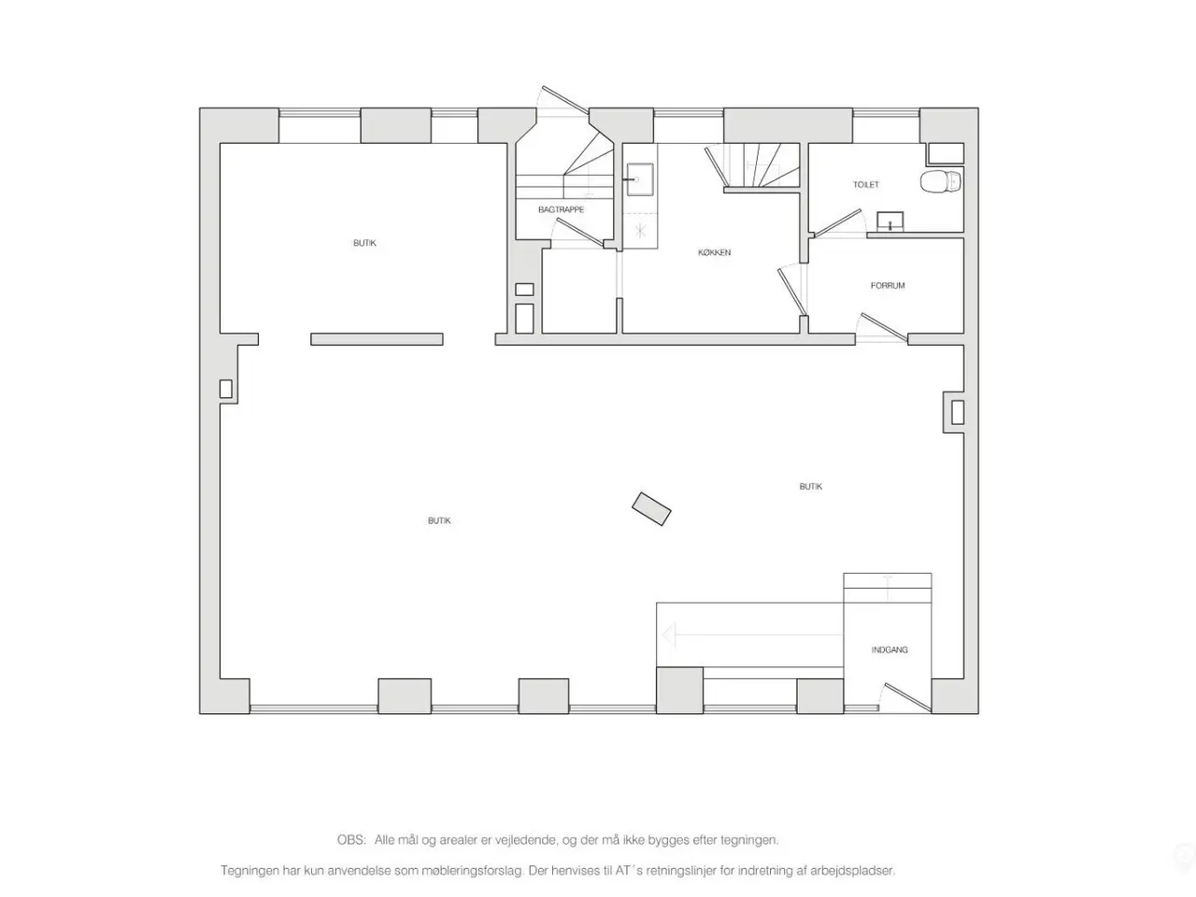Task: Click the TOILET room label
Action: pyautogui.click(x=866, y=185)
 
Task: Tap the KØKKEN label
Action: pyautogui.click(x=715, y=252)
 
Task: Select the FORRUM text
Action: pyautogui.click(x=888, y=285)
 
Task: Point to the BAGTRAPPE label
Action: pyautogui.click(x=562, y=209)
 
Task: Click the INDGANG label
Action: pyautogui.click(x=890, y=649)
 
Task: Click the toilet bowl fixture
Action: pyautogui.click(x=941, y=181)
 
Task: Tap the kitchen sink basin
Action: pyautogui.click(x=640, y=179)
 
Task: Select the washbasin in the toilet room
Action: pyautogui.click(x=890, y=221)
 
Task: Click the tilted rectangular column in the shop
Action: pyautogui.click(x=651, y=509)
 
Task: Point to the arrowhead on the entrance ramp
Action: pyautogui.click(x=669, y=635)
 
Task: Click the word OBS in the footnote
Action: pyautogui.click(x=351, y=840)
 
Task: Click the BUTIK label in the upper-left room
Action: pyautogui.click(x=364, y=243)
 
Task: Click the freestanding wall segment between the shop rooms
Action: pyautogui.click(x=377, y=339)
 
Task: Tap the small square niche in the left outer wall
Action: pyautogui.click(x=225, y=389)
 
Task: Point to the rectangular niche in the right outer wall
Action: pyautogui.click(x=958, y=412)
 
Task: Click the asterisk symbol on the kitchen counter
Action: pyautogui.click(x=640, y=231)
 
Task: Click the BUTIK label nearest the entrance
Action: pyautogui.click(x=811, y=487)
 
